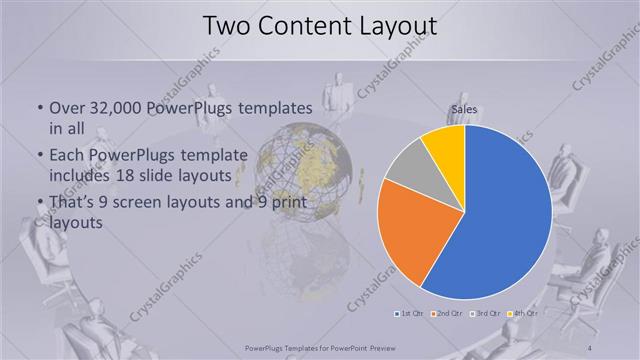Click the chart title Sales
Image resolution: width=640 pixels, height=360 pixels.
pos(464,110)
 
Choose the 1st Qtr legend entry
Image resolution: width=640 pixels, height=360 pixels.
pos(411,314)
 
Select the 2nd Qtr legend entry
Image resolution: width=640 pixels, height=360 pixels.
pos(447,314)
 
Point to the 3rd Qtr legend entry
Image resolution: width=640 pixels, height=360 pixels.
pos(485,314)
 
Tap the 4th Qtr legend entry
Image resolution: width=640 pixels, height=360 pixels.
pos(521,314)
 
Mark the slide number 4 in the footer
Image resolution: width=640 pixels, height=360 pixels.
pos(592,347)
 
